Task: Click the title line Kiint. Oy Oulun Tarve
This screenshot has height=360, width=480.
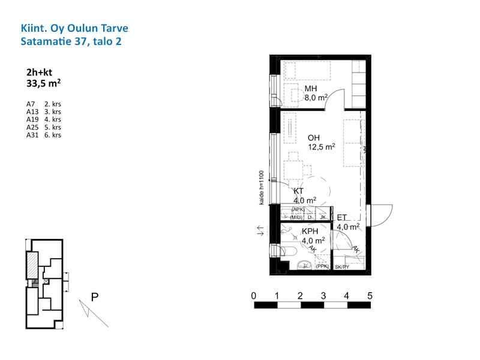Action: pyautogui.click(x=74, y=28)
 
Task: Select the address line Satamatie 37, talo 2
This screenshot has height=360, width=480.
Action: pyautogui.click(x=71, y=41)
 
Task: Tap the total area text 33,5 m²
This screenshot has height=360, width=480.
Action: pyautogui.click(x=43, y=83)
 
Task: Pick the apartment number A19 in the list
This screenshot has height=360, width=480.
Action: pyautogui.click(x=32, y=119)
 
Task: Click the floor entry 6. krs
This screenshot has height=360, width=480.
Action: pyautogui.click(x=53, y=135)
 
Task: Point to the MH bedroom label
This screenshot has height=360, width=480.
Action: pyautogui.click(x=311, y=89)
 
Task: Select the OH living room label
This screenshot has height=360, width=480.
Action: pyautogui.click(x=314, y=138)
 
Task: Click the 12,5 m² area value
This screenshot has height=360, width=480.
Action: pyautogui.click(x=322, y=147)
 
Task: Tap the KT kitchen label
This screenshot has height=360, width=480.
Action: pyautogui.click(x=298, y=191)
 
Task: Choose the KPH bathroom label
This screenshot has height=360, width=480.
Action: pyautogui.click(x=310, y=232)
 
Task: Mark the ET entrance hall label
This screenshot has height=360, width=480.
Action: pyautogui.click(x=341, y=218)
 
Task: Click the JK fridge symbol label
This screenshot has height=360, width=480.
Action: pyautogui.click(x=323, y=217)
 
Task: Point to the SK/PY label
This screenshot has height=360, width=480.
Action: pyautogui.click(x=342, y=267)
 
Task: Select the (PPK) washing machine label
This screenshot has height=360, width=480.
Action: pyautogui.click(x=322, y=266)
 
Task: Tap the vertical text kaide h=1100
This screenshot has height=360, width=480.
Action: pyautogui.click(x=262, y=188)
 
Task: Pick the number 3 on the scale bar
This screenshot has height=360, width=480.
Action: pyautogui.click(x=323, y=296)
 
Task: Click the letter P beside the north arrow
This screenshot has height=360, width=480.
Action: pyautogui.click(x=95, y=297)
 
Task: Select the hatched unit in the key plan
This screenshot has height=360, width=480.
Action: pyautogui.click(x=32, y=265)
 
